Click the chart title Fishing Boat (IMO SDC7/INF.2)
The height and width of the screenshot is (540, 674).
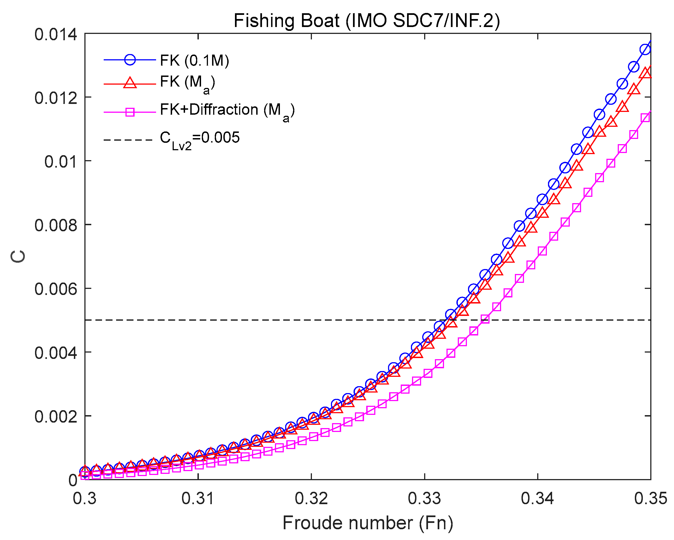pyautogui.click(x=367, y=21)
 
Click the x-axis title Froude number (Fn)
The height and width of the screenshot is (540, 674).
pyautogui.click(x=368, y=523)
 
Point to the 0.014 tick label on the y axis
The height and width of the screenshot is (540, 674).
pyautogui.click(x=56, y=34)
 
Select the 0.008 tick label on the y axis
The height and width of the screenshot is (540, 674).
pyautogui.click(x=56, y=225)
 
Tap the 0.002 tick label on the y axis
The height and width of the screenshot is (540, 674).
pyautogui.click(x=56, y=417)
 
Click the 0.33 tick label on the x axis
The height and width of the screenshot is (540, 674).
pyautogui.click(x=424, y=498)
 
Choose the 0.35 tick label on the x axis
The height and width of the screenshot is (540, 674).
pyautogui.click(x=650, y=498)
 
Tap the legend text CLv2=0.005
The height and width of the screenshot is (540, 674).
pyautogui.click(x=200, y=138)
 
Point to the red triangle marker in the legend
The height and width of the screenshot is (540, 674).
pyautogui.click(x=130, y=84)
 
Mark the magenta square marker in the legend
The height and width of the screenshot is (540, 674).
pyautogui.click(x=130, y=112)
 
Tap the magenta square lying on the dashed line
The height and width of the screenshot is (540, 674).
pyautogui.click(x=485, y=319)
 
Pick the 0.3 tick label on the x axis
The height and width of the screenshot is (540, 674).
pyautogui.click(x=85, y=498)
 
